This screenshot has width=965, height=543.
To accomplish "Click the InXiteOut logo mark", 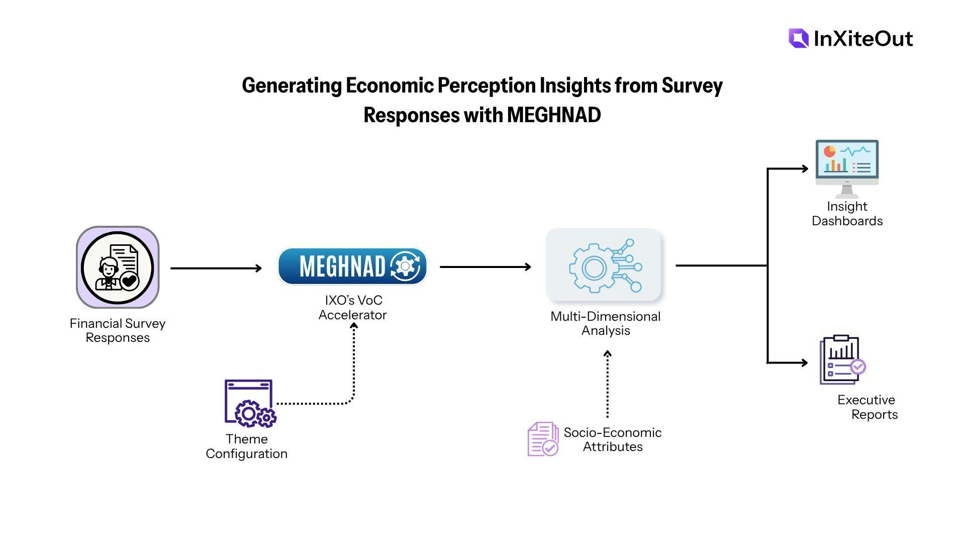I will point(798,39).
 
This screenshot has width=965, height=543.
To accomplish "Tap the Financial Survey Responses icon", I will point(118,267).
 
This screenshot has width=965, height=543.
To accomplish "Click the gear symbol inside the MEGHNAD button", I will point(405,266).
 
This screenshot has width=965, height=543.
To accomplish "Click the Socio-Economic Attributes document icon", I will point(543,439).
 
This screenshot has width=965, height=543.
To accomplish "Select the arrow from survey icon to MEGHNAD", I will point(216,268).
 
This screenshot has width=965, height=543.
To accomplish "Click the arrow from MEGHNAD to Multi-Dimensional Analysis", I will point(485,267).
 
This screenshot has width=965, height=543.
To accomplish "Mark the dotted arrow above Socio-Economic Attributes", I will point(607,385).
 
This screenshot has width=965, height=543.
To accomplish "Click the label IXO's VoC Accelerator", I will point(353,308).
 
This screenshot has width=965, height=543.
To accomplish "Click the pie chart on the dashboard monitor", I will point(829,151).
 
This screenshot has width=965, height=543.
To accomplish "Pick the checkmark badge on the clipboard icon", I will point(858,367).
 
